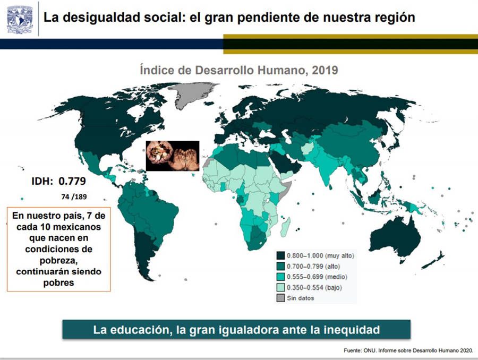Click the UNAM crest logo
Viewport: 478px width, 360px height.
coord(19,18)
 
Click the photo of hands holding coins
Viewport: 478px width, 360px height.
coord(172,156)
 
